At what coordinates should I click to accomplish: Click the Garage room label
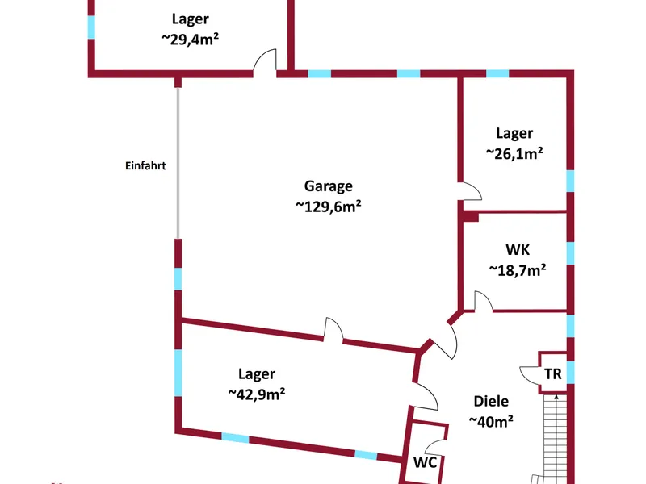click(329, 186)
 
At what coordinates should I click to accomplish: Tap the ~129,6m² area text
click(329, 207)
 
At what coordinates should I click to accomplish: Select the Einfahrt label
click(145, 166)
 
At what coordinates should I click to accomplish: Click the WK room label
click(518, 250)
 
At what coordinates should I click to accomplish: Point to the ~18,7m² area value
click(518, 270)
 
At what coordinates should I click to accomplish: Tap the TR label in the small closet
click(553, 374)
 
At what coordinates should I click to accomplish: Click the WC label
click(425, 462)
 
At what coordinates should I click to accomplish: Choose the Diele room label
click(491, 401)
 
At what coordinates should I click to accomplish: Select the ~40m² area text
click(491, 421)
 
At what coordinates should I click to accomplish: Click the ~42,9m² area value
click(257, 394)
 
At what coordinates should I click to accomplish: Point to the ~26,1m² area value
click(514, 153)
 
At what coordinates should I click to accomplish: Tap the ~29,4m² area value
click(190, 39)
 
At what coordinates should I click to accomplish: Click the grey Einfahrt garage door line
click(178, 163)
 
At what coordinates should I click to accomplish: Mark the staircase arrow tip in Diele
click(556, 395)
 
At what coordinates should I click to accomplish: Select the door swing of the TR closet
click(529, 375)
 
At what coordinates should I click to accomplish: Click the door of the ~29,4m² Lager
click(265, 63)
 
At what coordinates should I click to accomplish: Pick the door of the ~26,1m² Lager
click(471, 191)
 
